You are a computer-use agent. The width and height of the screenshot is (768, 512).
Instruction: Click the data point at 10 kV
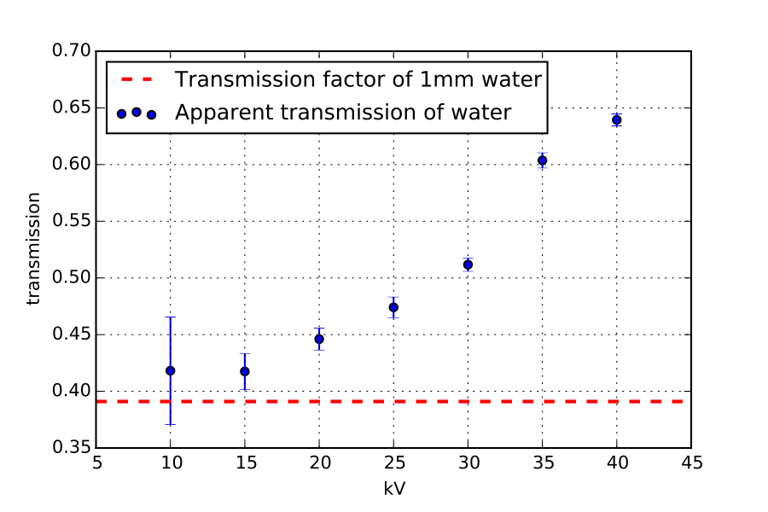[x=171, y=370]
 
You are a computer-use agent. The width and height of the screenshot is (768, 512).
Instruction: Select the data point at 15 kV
[x=245, y=371]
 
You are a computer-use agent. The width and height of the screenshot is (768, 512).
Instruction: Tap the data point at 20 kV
[x=319, y=339]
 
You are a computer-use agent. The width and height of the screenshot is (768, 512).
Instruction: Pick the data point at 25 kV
[x=393, y=307]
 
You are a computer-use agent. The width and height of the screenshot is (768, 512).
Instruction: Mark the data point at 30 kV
[x=468, y=265]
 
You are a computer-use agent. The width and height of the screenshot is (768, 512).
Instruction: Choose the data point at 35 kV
[x=542, y=160]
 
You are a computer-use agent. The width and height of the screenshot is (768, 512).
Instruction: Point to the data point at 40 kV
[x=616, y=119]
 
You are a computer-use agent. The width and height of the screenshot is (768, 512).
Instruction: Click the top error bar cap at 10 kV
[x=171, y=317]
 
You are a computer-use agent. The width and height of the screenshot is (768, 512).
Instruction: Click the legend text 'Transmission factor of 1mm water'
[x=358, y=80]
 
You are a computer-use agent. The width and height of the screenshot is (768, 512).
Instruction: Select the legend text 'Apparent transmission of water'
[x=343, y=112]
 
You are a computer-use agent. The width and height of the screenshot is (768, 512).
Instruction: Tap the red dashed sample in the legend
[x=137, y=80]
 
